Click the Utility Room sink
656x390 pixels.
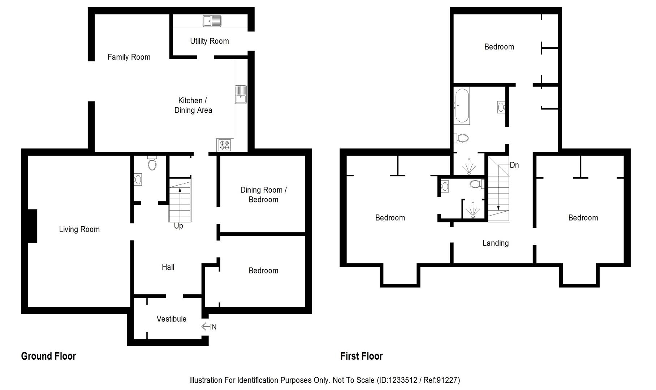click(212, 21)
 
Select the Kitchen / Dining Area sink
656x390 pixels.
click(241, 95)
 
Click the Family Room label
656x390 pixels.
click(129, 57)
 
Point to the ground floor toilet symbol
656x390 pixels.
click(152, 163)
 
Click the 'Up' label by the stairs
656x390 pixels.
click(178, 226)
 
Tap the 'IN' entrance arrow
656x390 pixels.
click(209, 327)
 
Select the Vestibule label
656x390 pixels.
click(172, 319)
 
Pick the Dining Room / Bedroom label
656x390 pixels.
click(263, 195)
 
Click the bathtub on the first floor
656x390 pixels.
click(462, 106)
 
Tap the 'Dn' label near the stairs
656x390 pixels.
click(514, 165)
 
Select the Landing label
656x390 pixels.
click(496, 243)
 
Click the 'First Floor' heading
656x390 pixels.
click(361, 356)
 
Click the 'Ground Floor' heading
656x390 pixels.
click(48, 356)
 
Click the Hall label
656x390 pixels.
click(168, 267)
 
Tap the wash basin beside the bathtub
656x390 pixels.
click(501, 107)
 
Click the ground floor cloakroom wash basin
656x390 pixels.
click(138, 179)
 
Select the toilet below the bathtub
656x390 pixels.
click(462, 138)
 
